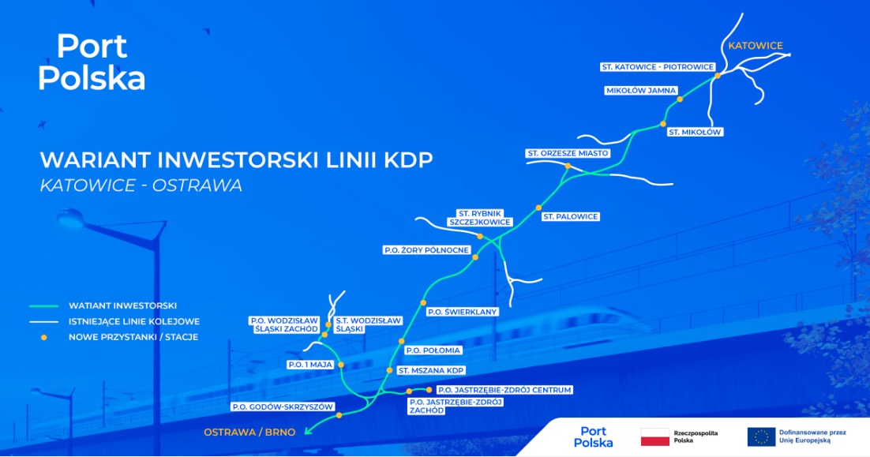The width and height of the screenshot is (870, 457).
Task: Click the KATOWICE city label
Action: (x=756, y=46)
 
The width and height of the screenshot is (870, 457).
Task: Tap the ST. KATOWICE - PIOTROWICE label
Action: (x=658, y=67)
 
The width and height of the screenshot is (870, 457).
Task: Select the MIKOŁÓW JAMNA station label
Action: (x=641, y=91)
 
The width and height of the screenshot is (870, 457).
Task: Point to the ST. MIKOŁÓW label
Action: (x=695, y=132)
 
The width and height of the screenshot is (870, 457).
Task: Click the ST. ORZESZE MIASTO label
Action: (x=568, y=153)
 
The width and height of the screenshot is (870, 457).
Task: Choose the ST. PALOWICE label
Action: (x=570, y=217)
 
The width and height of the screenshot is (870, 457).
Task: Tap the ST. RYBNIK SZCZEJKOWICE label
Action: (x=480, y=218)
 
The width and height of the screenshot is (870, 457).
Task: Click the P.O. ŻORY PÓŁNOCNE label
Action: (x=426, y=250)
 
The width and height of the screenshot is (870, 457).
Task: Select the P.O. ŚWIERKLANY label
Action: (x=462, y=312)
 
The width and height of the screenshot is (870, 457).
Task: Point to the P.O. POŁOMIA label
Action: (x=433, y=350)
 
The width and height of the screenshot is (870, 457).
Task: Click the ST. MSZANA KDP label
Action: (x=431, y=370)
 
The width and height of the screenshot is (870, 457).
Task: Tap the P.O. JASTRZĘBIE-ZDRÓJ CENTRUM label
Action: (x=504, y=390)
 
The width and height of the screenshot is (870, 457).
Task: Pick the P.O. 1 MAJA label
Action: (x=310, y=365)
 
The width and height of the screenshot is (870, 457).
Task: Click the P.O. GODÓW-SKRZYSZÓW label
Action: (x=283, y=407)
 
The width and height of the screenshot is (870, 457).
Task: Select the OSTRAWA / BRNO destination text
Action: (x=249, y=433)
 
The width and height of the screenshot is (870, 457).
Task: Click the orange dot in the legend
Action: (x=44, y=337)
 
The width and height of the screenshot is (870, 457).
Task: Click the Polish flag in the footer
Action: (x=654, y=437)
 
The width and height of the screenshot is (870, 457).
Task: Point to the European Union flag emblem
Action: (x=761, y=437)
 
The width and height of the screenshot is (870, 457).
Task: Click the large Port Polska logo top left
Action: (x=92, y=62)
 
